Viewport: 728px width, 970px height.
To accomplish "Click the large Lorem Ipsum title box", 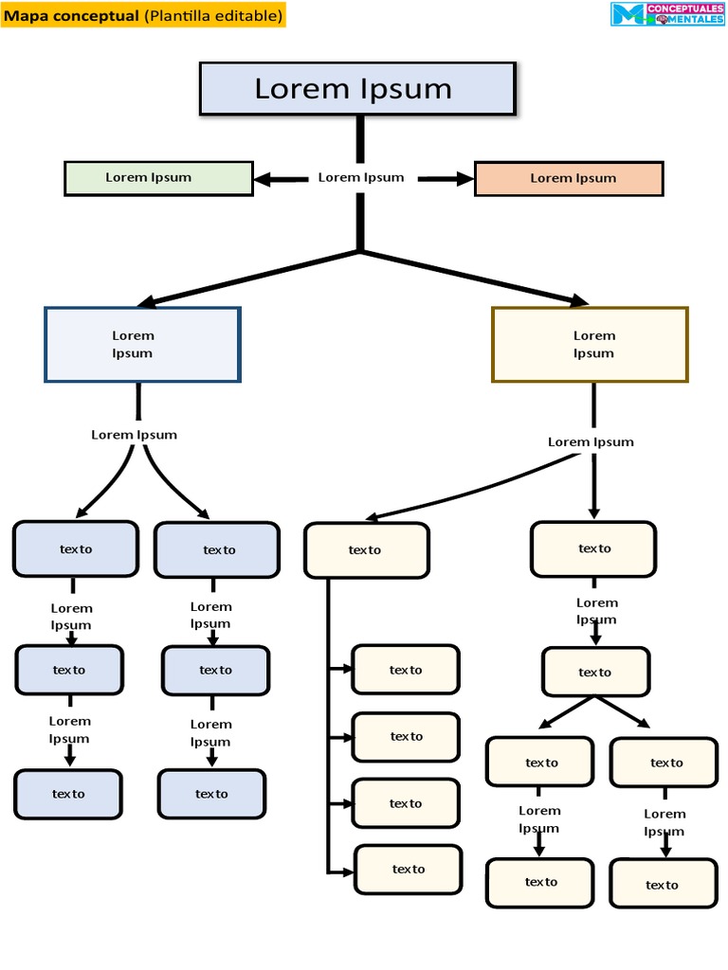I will tap(357, 89).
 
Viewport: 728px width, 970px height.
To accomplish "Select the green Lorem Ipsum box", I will tap(158, 178).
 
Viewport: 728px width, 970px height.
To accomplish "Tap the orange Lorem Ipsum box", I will tap(569, 178).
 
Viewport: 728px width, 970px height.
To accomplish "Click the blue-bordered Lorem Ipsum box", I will tap(142, 345).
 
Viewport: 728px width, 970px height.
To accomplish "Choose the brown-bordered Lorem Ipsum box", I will tap(590, 345).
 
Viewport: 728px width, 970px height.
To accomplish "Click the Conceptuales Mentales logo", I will tap(667, 14).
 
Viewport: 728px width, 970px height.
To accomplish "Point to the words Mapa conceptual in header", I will tap(72, 16).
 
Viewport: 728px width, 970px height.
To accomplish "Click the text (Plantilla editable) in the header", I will tap(213, 16).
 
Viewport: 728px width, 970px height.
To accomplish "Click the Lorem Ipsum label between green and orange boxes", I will tap(361, 178).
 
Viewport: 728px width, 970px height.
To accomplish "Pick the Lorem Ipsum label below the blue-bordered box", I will tap(134, 435).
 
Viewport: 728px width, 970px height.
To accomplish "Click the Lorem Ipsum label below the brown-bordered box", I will tap(591, 442).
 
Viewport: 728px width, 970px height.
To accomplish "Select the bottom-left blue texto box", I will tap(68, 794).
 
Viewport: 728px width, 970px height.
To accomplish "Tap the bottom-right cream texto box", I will tap(663, 884).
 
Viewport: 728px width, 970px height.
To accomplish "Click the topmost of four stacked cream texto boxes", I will tap(406, 670).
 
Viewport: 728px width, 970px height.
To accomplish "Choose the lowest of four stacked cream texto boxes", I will tap(409, 869).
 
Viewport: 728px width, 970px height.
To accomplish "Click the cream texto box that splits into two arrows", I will tap(594, 672).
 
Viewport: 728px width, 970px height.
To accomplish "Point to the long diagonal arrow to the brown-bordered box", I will tap(474, 278).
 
